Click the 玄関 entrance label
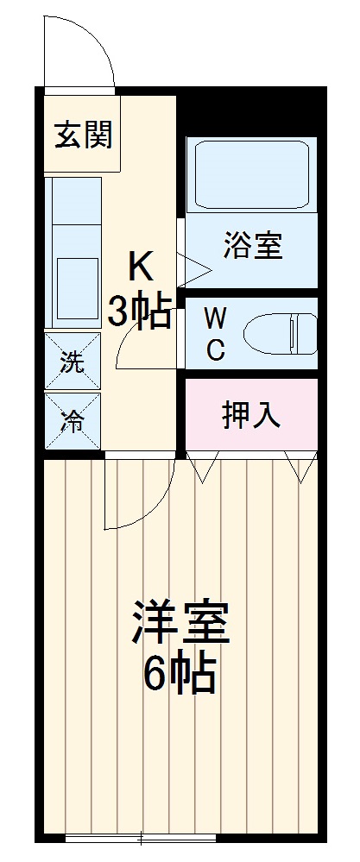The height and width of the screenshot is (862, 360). [82, 136]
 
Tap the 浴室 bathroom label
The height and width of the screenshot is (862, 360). [253, 246]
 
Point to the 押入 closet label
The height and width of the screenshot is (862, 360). [251, 416]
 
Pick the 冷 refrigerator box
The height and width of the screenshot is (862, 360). [73, 421]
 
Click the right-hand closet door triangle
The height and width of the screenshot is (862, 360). [301, 468]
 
